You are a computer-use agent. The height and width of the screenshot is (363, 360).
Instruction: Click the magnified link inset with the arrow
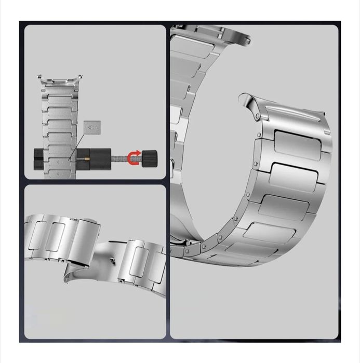[92, 127]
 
